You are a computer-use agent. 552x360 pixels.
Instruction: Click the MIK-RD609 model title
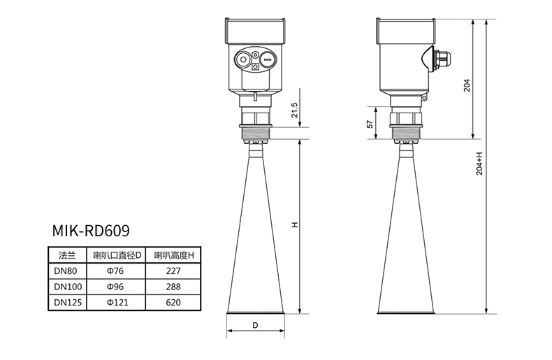pyautogui.click(x=91, y=231)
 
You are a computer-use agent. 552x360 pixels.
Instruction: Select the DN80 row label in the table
pyautogui.click(x=65, y=271)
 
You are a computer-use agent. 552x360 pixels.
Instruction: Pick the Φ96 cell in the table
pyautogui.click(x=115, y=287)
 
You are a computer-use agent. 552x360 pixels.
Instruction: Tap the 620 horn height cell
pyautogui.click(x=173, y=302)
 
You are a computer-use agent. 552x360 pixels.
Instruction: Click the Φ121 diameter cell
pyautogui.click(x=117, y=302)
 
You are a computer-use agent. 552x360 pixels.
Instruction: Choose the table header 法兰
pyautogui.click(x=67, y=255)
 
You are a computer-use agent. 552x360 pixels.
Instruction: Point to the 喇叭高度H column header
pyautogui.click(x=174, y=255)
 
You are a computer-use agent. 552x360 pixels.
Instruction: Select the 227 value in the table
pyautogui.click(x=173, y=271)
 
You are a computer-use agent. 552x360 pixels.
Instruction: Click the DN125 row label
pyautogui.click(x=68, y=302)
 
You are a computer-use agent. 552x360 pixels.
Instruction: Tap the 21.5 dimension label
pyautogui.click(x=294, y=110)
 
